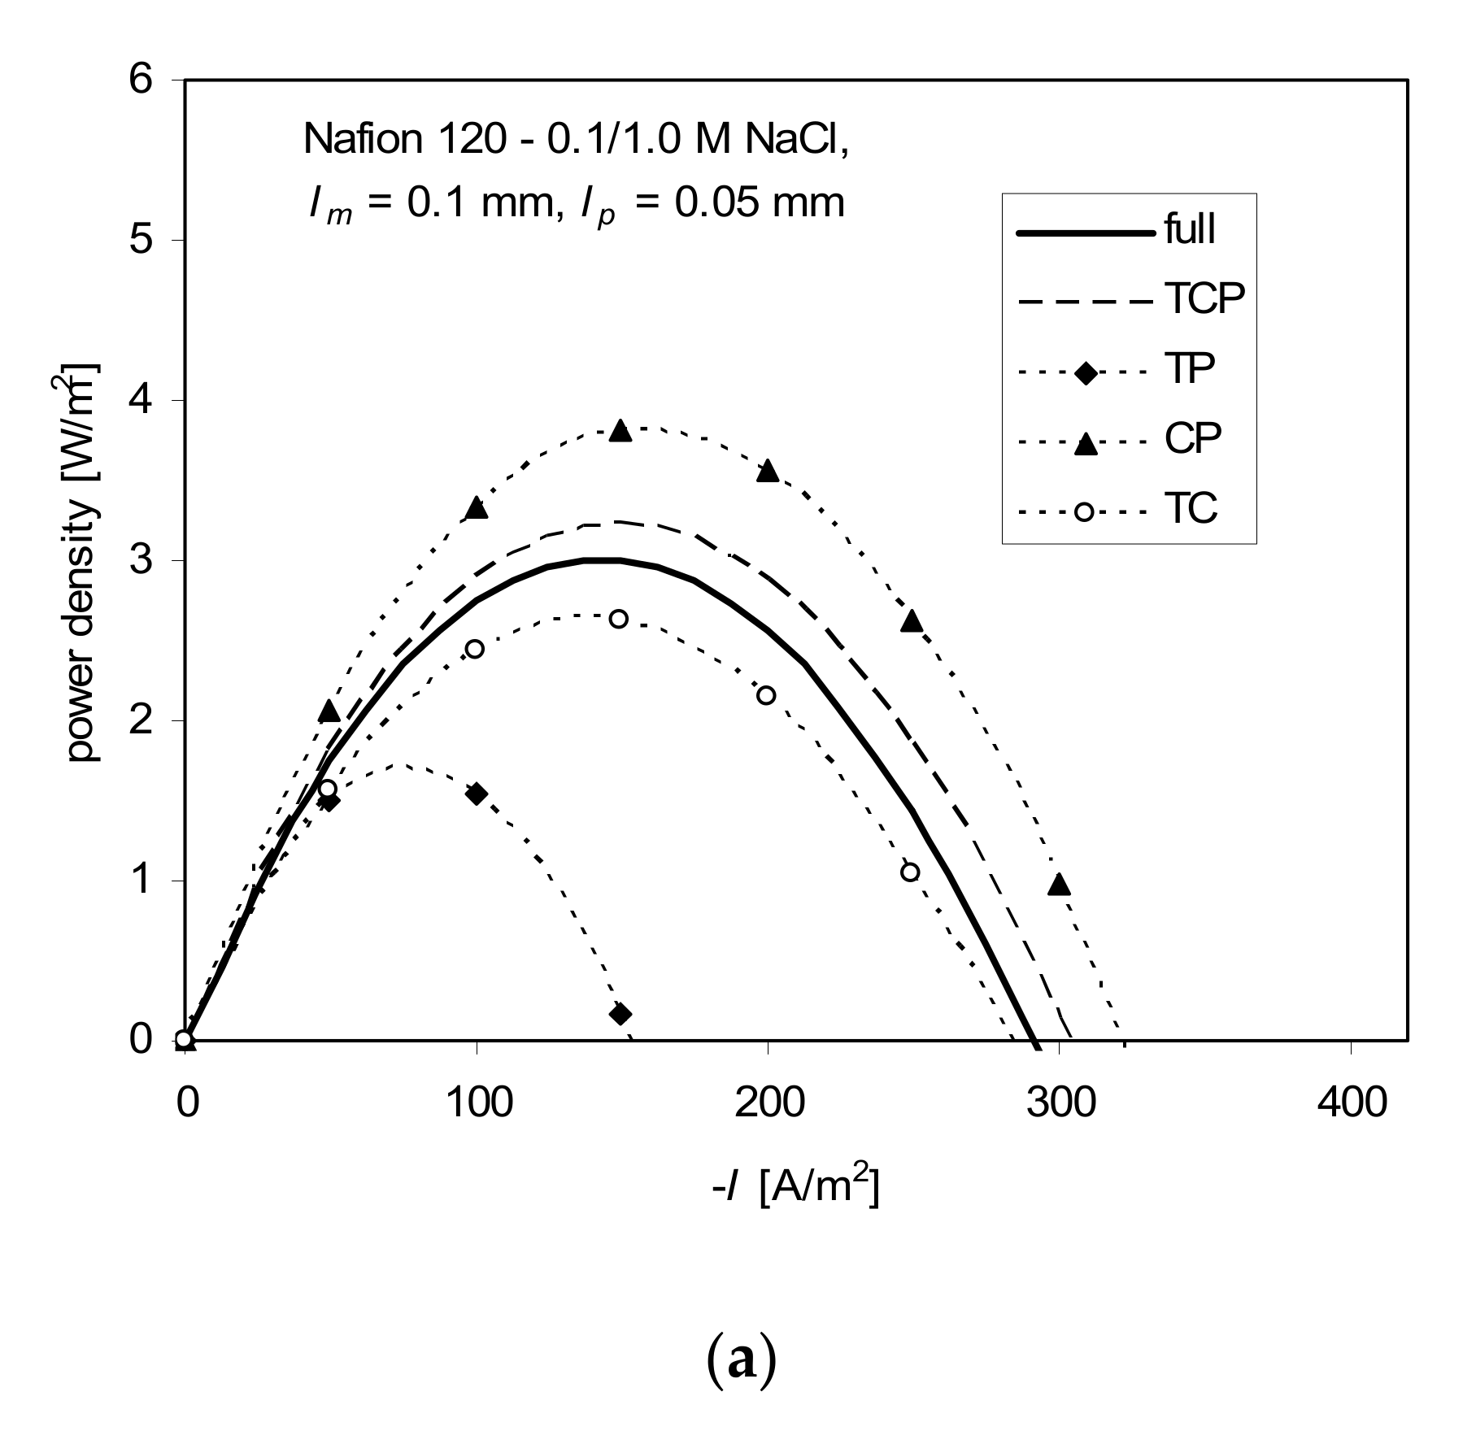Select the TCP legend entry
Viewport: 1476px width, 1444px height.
(1204, 300)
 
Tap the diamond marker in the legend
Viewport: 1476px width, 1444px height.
(1086, 373)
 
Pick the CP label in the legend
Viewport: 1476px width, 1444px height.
(1193, 440)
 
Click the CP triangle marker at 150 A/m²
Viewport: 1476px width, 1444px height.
(620, 431)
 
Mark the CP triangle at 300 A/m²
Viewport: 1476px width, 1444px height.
(1058, 885)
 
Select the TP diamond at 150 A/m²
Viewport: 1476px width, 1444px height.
(620, 1014)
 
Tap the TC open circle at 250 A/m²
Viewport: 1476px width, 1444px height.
(910, 872)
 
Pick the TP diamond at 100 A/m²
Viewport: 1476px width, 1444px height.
(477, 794)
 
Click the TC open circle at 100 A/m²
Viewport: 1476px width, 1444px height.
(475, 649)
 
